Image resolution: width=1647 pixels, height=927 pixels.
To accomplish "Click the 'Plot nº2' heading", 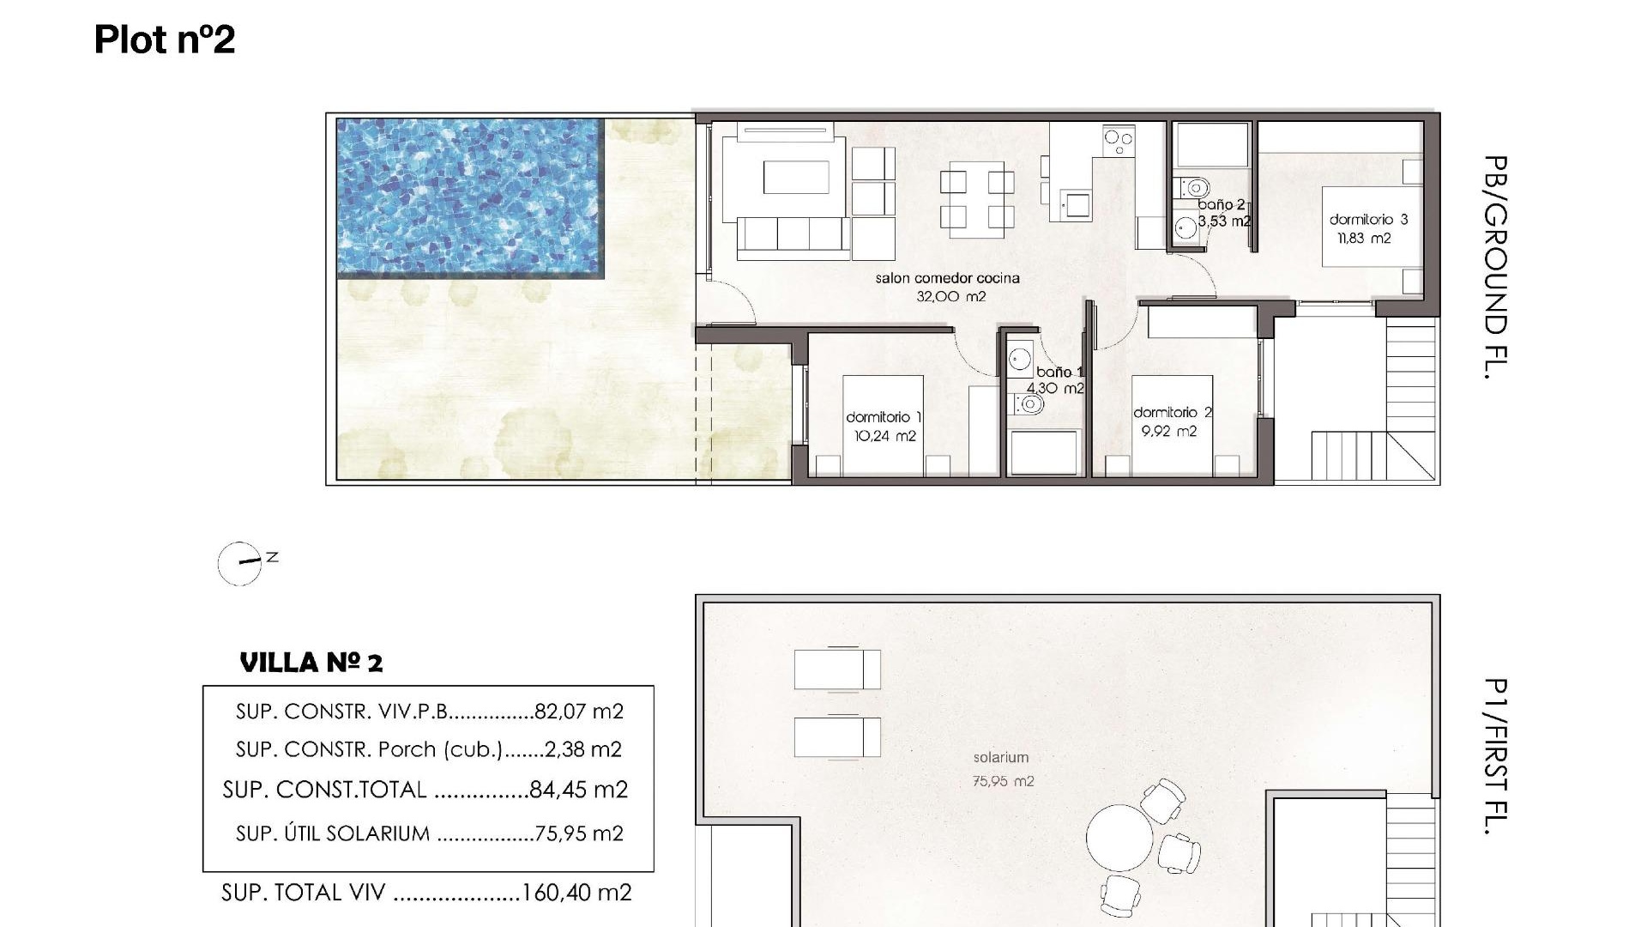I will point(164,39).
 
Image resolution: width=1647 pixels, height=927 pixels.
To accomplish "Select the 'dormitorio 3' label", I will point(1368,220).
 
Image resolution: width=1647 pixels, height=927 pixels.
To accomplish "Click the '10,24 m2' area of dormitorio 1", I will point(884,436).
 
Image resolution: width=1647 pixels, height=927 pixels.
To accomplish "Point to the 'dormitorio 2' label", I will point(1172,413).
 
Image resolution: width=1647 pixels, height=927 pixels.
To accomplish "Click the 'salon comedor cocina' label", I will point(947,278).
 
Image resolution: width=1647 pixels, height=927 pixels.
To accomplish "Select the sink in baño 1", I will point(1021,357).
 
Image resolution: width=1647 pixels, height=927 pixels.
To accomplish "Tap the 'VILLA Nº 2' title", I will point(311,663).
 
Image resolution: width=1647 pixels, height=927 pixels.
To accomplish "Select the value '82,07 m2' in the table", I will point(578,712).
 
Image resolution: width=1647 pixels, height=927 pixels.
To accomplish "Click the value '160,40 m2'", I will point(576,893).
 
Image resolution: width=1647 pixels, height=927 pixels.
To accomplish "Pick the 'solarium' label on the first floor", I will point(1000,757).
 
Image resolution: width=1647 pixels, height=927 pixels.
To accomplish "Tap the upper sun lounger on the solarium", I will point(836,669).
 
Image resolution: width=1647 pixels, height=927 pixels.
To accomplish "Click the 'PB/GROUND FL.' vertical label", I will point(1494,267).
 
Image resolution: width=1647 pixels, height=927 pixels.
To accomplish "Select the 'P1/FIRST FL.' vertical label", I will point(1494,755).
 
